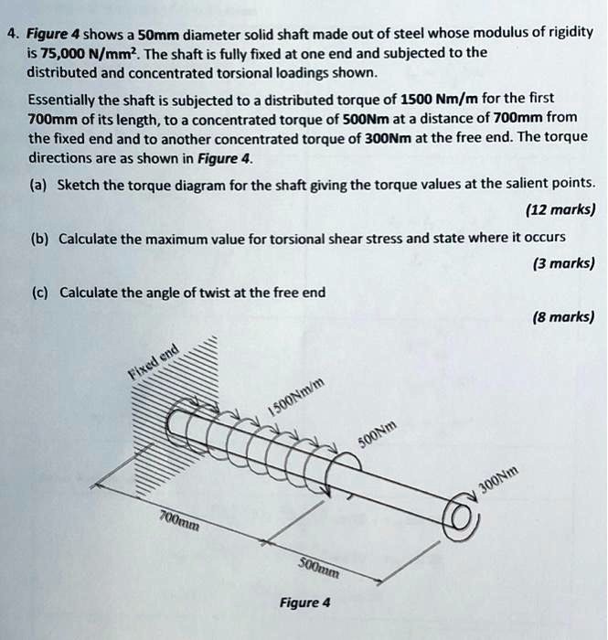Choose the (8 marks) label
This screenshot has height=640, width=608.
click(x=563, y=318)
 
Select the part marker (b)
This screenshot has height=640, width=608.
click(x=39, y=238)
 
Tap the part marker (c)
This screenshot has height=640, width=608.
click(x=39, y=292)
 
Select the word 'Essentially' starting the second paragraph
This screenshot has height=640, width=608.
click(x=59, y=98)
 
